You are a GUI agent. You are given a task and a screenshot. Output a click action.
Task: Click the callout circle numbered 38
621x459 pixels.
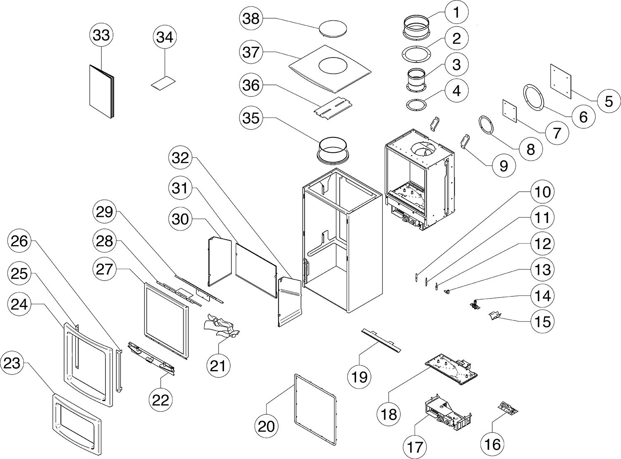click(x=251, y=19)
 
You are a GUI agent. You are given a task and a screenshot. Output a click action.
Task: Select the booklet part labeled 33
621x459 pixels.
click(x=101, y=91)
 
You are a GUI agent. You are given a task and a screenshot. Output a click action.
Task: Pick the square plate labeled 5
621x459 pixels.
click(x=561, y=81)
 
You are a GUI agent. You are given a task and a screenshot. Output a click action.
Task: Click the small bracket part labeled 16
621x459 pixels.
click(x=507, y=408)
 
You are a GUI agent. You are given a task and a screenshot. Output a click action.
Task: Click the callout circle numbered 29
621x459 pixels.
click(x=104, y=212)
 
